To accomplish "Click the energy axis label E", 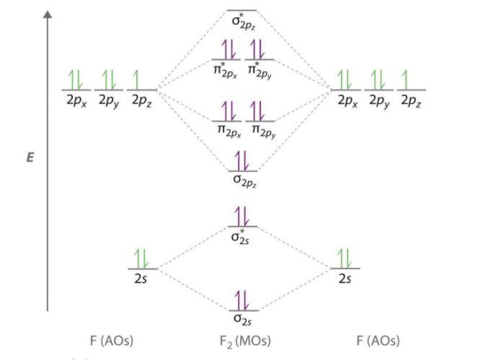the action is pyautogui.click(x=30, y=157).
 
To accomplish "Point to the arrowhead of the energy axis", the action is pyautogui.click(x=48, y=14).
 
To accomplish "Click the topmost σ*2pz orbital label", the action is pyautogui.click(x=244, y=22).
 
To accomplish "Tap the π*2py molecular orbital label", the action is pyautogui.click(x=260, y=71).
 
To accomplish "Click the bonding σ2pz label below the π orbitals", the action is pyautogui.click(x=245, y=181).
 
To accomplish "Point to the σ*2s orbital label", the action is pyautogui.click(x=240, y=237).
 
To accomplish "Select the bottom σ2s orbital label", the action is pyautogui.click(x=243, y=320).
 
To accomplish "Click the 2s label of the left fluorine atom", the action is pyautogui.click(x=141, y=278).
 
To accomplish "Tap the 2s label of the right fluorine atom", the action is pyautogui.click(x=345, y=278).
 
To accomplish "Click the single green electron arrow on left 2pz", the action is pyautogui.click(x=136, y=79).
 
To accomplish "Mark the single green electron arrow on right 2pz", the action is pyautogui.click(x=405, y=79).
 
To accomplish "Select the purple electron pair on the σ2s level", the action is pyautogui.click(x=242, y=300).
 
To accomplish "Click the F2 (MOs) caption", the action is pyautogui.click(x=245, y=341).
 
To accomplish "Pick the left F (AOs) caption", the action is pyautogui.click(x=112, y=341).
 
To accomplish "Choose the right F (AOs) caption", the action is pyautogui.click(x=378, y=341).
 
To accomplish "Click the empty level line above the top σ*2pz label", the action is pyautogui.click(x=242, y=11).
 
